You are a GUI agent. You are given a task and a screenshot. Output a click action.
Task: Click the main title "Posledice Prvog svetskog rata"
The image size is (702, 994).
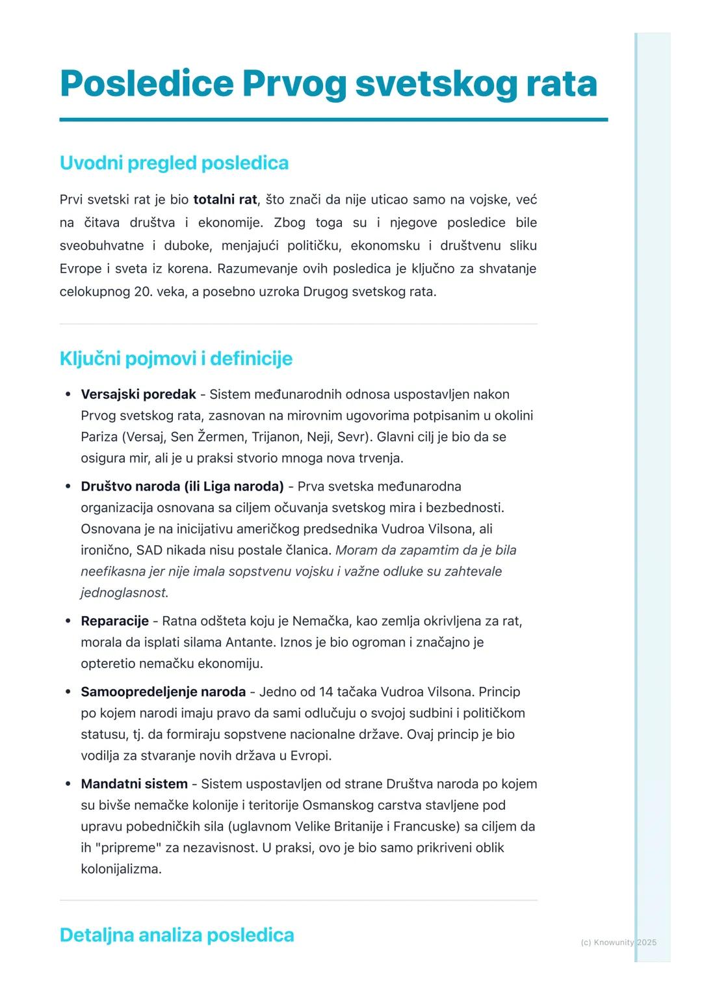(x=328, y=84)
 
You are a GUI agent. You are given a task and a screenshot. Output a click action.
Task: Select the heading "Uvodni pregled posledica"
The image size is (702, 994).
(x=174, y=163)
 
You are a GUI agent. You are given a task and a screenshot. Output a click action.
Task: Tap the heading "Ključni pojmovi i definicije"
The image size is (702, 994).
(x=175, y=358)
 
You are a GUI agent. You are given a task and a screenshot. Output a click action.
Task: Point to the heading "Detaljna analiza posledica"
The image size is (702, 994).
(x=177, y=935)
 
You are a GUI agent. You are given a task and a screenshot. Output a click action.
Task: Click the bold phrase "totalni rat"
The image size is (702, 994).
(x=225, y=200)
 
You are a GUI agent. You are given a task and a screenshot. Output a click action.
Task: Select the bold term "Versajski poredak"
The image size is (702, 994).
(x=138, y=394)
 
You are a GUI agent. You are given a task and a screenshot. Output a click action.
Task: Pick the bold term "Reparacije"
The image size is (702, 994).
(x=114, y=621)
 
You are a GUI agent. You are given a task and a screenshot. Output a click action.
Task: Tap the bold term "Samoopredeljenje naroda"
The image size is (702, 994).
(x=163, y=692)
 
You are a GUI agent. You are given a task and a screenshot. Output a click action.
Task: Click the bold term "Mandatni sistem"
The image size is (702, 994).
(x=134, y=784)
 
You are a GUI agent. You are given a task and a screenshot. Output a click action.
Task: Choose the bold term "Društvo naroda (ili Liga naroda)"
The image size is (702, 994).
(x=182, y=487)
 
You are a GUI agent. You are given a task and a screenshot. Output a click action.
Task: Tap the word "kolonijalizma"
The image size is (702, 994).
(x=121, y=869)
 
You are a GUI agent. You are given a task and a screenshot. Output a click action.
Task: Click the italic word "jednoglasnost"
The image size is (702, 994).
(x=123, y=593)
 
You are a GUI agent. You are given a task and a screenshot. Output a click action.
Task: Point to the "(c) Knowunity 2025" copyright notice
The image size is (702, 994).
(x=618, y=942)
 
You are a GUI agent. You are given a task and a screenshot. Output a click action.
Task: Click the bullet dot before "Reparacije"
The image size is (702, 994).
(x=68, y=621)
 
